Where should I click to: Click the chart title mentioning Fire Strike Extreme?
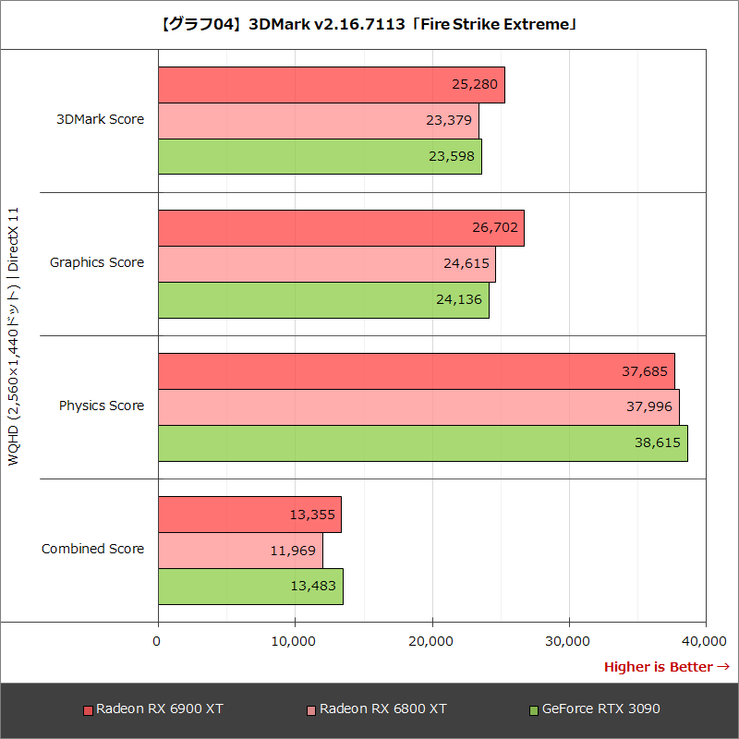pyautogui.click(x=369, y=25)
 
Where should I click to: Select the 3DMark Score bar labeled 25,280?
pyautogui.click(x=331, y=85)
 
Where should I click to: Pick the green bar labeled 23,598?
pyautogui.click(x=320, y=156)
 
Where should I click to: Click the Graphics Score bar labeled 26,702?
pyautogui.click(x=341, y=228)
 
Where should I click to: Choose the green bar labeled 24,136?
pyautogui.click(x=323, y=299)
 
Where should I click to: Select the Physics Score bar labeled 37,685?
pyautogui.click(x=416, y=371)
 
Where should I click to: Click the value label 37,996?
pyautogui.click(x=650, y=406)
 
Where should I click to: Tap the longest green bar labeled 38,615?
pyautogui.click(x=422, y=442)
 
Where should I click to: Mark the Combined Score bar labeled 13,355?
pyautogui.click(x=249, y=515)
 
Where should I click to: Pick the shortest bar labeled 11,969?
pyautogui.click(x=240, y=550)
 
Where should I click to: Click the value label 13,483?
pyautogui.click(x=314, y=586)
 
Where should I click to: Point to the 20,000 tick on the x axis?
pyautogui.click(x=432, y=640)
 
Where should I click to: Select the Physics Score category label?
pyautogui.click(x=102, y=406)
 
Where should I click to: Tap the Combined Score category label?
pyautogui.click(x=92, y=549)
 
